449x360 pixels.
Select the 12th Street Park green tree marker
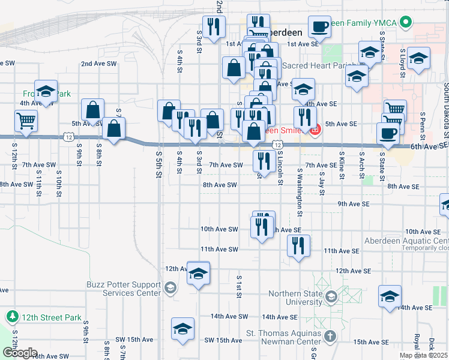tap(12, 316)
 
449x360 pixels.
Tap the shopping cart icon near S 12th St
tap(26, 120)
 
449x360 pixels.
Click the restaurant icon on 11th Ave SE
tap(297, 245)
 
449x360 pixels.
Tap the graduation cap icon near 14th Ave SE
tap(390, 296)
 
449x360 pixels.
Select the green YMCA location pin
tap(406, 23)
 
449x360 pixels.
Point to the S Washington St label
tap(299, 180)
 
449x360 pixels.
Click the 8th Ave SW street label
tap(220, 185)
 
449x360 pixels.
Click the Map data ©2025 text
tap(424, 355)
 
